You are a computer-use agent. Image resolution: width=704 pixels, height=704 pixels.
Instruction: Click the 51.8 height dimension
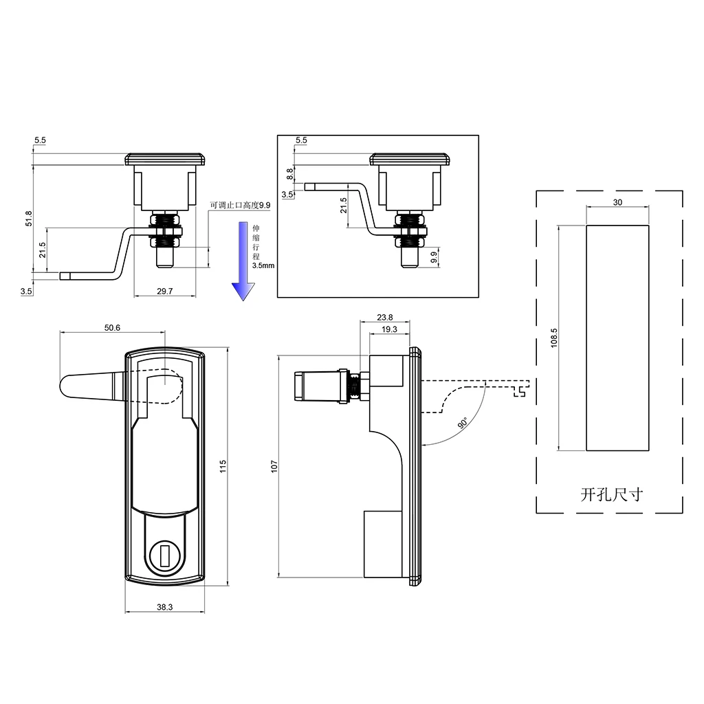tap(27, 219)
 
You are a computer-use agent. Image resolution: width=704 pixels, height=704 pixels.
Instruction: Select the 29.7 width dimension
tap(165, 291)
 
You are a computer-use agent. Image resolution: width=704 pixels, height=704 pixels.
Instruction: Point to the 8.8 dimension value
tap(290, 174)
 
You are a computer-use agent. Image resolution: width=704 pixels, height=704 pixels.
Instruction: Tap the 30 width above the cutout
tap(617, 202)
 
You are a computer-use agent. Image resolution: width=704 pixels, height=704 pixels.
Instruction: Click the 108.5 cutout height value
tap(554, 337)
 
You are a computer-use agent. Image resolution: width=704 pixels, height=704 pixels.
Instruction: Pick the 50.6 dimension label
tap(112, 328)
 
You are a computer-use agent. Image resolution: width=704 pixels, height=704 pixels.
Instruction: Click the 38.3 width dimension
tap(164, 607)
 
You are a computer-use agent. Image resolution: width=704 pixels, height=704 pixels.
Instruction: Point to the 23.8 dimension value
tap(385, 318)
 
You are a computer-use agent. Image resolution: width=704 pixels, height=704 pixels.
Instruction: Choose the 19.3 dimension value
tap(389, 329)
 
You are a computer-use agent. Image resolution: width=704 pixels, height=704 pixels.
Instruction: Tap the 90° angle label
tap(462, 423)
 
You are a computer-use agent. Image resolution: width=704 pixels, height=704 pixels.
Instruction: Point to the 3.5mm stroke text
tap(263, 265)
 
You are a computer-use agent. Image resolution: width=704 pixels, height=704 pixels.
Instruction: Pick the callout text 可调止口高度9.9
tap(241, 205)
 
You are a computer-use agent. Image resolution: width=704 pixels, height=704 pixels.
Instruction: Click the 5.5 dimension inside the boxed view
tap(301, 140)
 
